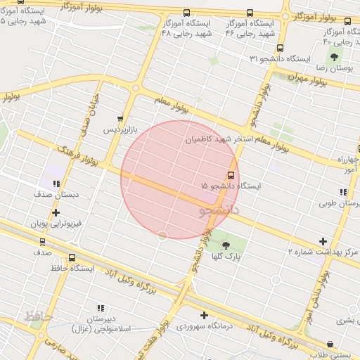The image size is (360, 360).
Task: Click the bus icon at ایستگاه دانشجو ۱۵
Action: pos(231,175)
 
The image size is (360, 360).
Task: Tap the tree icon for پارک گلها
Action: pos(226,245)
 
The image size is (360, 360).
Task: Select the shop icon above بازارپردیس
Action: pos(120,119)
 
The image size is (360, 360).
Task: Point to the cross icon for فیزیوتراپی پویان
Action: pos(56,212)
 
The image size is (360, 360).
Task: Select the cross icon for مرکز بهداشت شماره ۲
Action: pos(323,241)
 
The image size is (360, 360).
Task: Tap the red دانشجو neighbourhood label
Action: pos(220,209)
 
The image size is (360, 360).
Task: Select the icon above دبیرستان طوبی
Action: pos(342,193)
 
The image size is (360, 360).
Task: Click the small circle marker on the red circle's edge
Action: pos(162,236)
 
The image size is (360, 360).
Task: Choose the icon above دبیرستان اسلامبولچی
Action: pos(101,307)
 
